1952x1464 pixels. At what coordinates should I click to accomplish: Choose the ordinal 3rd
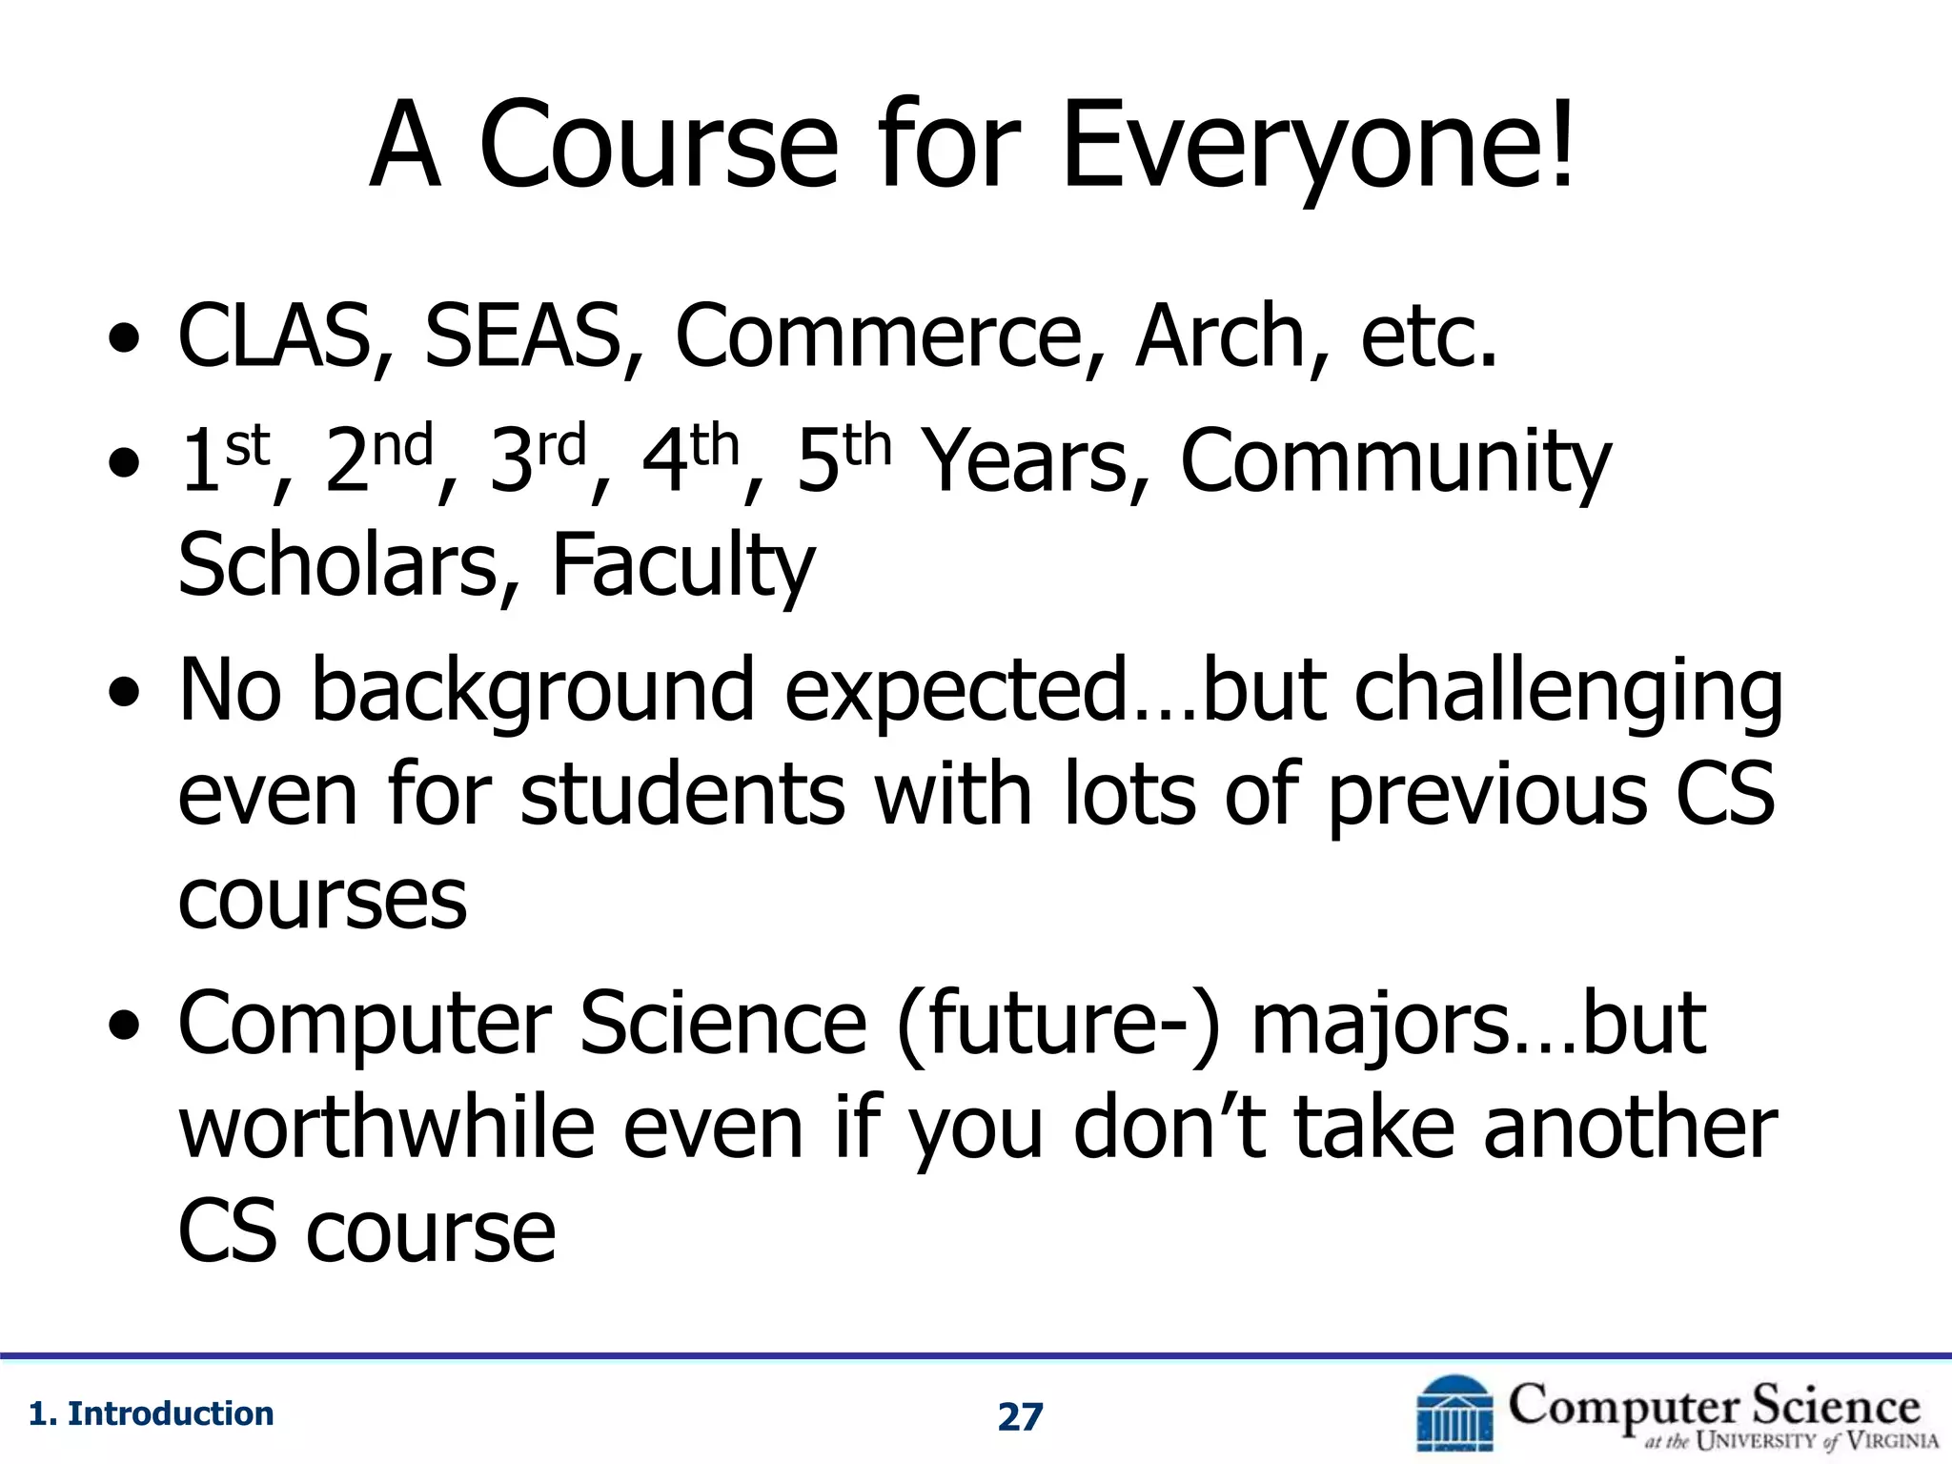538,458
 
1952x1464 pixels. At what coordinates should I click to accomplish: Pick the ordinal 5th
844,458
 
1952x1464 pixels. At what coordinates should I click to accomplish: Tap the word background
534,691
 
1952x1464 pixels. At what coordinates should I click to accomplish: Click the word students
682,794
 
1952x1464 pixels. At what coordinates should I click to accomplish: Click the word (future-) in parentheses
1058,1025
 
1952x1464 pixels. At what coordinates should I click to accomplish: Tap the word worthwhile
387,1128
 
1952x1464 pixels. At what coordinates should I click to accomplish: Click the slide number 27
1020,1417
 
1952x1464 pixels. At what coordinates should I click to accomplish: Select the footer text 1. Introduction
152,1413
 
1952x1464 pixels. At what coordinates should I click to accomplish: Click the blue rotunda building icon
1454,1415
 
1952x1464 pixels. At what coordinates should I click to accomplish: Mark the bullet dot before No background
125,691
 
